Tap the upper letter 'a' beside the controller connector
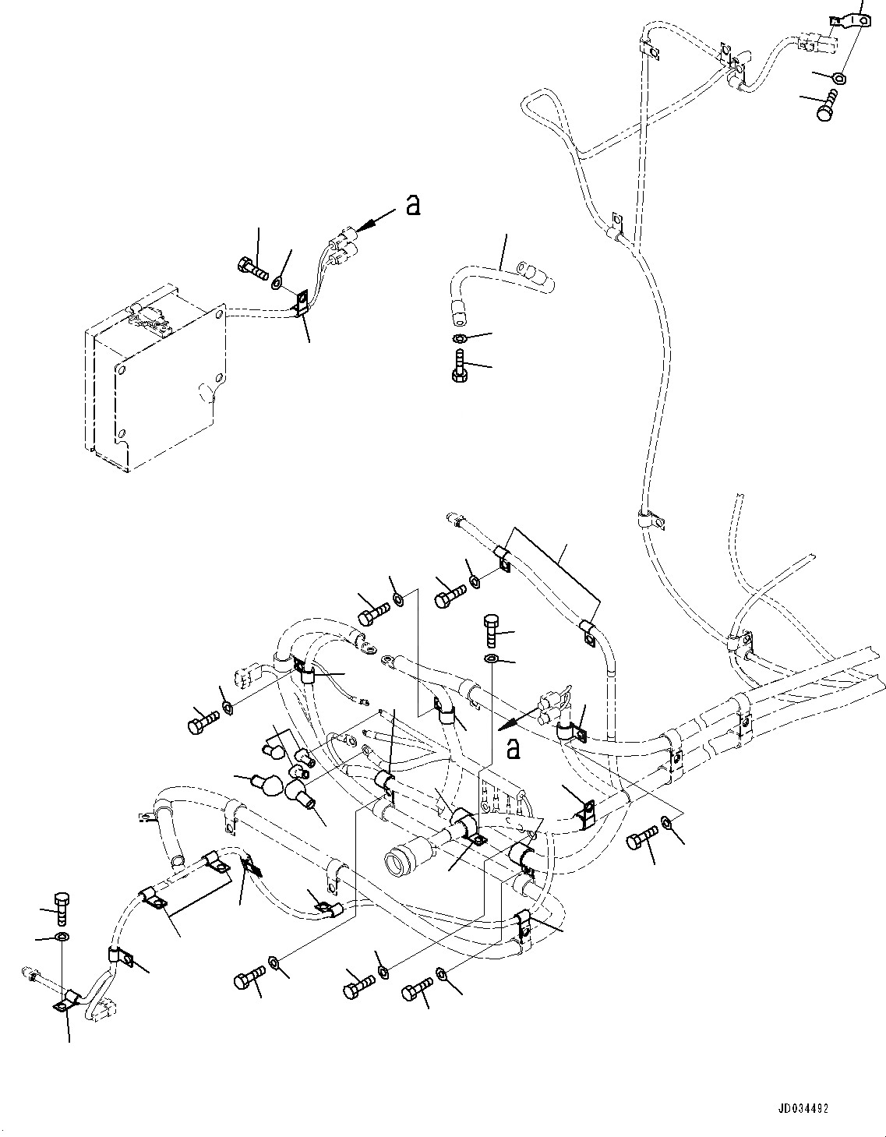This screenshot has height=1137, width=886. (x=413, y=205)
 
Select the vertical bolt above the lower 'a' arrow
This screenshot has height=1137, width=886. (x=491, y=628)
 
